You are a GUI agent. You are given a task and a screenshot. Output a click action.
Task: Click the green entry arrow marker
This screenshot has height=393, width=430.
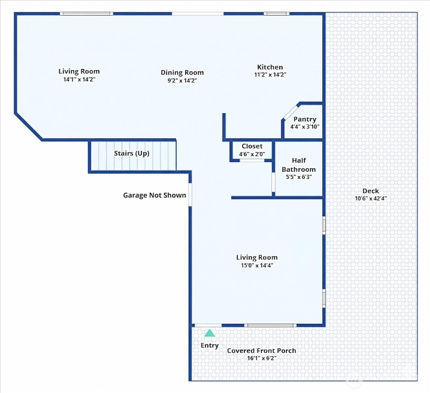pyautogui.click(x=209, y=333)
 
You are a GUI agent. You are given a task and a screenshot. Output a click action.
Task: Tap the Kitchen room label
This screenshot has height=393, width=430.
pyautogui.click(x=270, y=67)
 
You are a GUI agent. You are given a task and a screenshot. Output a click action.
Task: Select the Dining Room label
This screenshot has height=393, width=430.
pyautogui.click(x=182, y=73)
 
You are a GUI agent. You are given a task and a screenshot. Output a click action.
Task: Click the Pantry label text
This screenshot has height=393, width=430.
pyautogui.click(x=305, y=119)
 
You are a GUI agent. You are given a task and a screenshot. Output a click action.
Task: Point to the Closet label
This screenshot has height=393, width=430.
pyautogui.click(x=252, y=146)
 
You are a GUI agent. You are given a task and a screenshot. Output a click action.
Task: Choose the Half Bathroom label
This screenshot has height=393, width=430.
pyautogui.click(x=299, y=165)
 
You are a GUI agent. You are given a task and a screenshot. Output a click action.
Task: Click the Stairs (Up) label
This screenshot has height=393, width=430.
pyautogui.click(x=132, y=153)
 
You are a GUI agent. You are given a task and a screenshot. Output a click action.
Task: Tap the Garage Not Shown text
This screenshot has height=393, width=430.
pyautogui.click(x=154, y=195)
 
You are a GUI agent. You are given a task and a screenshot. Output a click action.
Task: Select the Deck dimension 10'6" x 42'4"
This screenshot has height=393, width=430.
pyautogui.click(x=371, y=198)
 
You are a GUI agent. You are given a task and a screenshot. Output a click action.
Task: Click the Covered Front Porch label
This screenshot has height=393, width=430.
pyautogui.click(x=262, y=351)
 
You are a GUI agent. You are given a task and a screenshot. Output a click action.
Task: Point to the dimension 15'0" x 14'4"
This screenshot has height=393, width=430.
pyautogui.click(x=257, y=265)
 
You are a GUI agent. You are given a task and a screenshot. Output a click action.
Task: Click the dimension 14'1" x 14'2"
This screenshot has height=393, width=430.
pyautogui.click(x=79, y=79)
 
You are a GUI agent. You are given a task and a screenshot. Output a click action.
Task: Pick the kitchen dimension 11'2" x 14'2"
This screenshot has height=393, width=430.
pyautogui.click(x=270, y=74)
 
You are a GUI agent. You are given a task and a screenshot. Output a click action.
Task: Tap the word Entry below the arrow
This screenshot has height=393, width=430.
pyautogui.click(x=209, y=345)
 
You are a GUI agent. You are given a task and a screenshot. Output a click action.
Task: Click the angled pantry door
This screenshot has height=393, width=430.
pyautogui.click(x=291, y=112)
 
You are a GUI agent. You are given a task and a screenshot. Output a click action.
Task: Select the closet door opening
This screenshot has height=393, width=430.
pyautogui.click(x=252, y=160)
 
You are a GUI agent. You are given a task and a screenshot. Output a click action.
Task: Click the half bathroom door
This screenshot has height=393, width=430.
pyautogui.click(x=273, y=182)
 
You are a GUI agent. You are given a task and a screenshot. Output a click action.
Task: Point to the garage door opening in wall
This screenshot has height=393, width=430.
pyautogui.click(x=190, y=194)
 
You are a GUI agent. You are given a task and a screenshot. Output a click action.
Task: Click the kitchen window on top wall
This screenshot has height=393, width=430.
pyautogui.click(x=277, y=14)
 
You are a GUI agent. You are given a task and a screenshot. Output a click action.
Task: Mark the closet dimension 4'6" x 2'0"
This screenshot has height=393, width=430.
pyautogui.click(x=252, y=154)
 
